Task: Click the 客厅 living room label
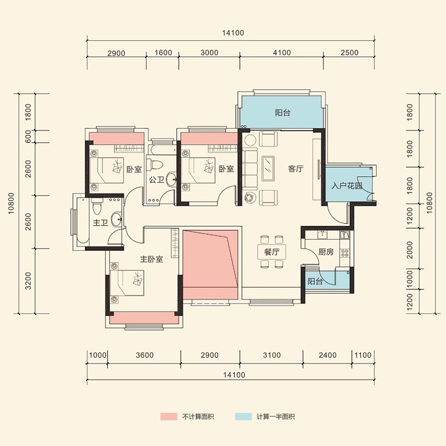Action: (x=295, y=169)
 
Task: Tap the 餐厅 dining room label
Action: (x=272, y=252)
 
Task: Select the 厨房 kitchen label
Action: (x=326, y=252)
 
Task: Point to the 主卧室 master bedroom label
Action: (x=151, y=259)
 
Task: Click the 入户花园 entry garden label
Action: (x=347, y=186)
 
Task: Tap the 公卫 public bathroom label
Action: (x=157, y=180)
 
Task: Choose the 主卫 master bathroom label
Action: (x=100, y=222)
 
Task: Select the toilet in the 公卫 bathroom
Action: (x=157, y=163)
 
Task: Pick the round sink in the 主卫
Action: (x=117, y=219)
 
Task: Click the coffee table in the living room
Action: (x=268, y=168)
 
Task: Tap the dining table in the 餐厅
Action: (x=272, y=252)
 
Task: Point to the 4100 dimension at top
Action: (x=282, y=52)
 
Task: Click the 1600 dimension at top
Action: (x=163, y=52)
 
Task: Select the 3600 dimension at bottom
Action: (x=144, y=355)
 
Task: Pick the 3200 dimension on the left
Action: (x=28, y=281)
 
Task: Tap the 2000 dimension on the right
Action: (x=409, y=250)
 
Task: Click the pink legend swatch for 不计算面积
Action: (x=169, y=416)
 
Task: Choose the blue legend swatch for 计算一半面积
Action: (x=244, y=416)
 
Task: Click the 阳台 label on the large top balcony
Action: (x=283, y=113)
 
